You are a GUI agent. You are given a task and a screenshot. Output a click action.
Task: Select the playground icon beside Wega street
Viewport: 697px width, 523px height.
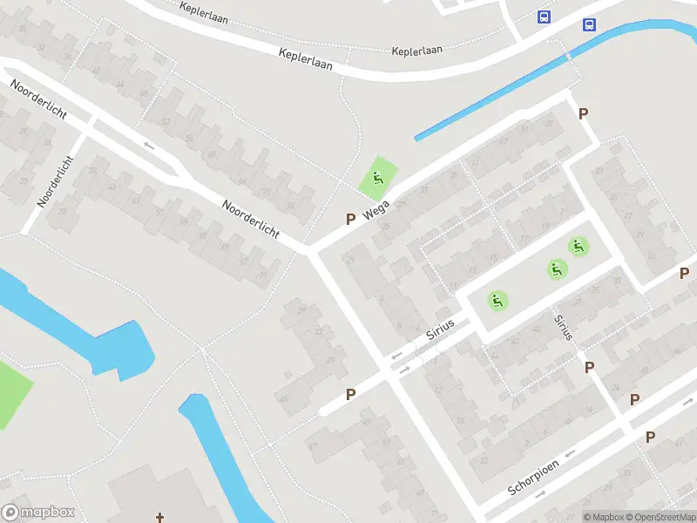tap(377, 179)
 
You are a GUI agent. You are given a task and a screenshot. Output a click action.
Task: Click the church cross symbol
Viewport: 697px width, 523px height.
tap(160, 516)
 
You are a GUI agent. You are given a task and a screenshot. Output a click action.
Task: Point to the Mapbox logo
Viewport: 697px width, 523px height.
tap(38, 513)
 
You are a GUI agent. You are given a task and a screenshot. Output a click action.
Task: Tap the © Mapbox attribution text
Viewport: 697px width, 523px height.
tap(603, 517)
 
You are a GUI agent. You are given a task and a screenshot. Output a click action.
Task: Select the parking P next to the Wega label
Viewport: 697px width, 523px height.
tap(350, 220)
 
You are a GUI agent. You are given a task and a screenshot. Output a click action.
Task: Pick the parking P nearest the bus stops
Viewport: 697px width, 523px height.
tap(584, 113)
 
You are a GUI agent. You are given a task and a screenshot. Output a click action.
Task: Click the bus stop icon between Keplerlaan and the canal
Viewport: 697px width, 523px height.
tap(590, 24)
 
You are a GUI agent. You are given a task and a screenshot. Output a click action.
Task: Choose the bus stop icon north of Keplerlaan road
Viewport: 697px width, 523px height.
tap(545, 17)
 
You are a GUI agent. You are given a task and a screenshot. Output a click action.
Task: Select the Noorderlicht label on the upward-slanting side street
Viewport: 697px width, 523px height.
tap(54, 181)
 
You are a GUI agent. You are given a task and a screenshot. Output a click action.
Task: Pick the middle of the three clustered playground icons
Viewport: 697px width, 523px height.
tap(557, 269)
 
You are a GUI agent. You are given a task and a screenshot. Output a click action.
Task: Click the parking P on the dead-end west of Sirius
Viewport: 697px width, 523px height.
tap(350, 394)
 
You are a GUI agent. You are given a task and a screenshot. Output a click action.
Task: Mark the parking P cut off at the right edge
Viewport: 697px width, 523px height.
tap(685, 274)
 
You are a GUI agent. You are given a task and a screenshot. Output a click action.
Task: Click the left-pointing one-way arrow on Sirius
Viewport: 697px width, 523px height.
tap(397, 356)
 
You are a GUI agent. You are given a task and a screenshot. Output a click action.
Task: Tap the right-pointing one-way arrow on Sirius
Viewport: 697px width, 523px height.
tap(404, 371)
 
